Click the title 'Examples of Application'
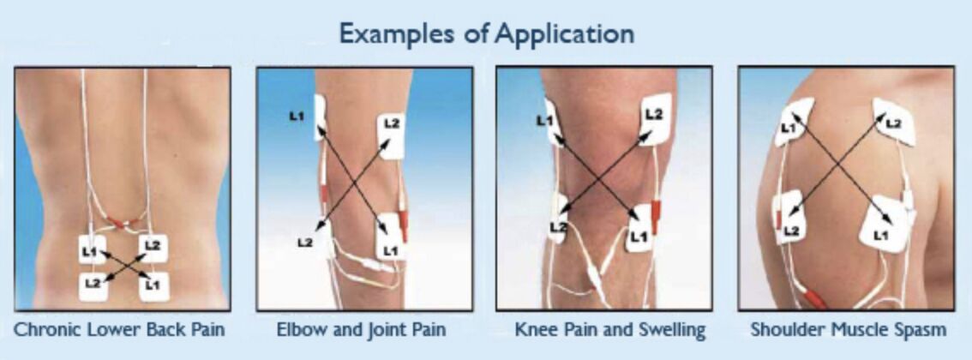(487, 33)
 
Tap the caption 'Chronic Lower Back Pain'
(119, 329)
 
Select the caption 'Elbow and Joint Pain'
(361, 329)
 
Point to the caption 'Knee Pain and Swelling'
(610, 329)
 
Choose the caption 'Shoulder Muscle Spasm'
(848, 329)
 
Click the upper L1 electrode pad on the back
(92, 249)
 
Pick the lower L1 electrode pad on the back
(153, 286)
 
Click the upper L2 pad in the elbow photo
(391, 136)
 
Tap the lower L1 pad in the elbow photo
(391, 236)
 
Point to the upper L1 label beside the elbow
(297, 115)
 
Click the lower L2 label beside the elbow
(304, 243)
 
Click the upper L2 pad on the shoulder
(894, 122)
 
